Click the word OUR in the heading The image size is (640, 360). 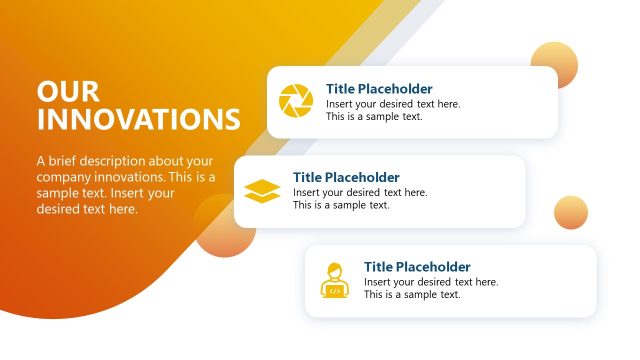[x=68, y=92]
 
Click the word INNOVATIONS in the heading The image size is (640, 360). [x=138, y=120]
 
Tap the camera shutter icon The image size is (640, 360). [x=296, y=101]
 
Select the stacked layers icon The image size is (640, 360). [x=262, y=190]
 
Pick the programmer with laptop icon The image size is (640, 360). [x=334, y=280]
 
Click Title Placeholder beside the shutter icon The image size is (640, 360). [x=379, y=88]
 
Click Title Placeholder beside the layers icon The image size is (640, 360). [x=346, y=177]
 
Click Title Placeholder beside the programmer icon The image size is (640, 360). [x=417, y=266]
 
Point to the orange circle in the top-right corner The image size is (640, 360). [x=554, y=65]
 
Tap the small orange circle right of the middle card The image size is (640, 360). [x=570, y=212]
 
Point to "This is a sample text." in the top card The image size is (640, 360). [x=374, y=116]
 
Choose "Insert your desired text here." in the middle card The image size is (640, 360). [x=360, y=192]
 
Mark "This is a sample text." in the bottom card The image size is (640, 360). [x=412, y=295]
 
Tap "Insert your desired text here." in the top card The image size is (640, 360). [x=393, y=103]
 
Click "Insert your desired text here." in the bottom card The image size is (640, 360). [x=431, y=282]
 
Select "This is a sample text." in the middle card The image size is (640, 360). [x=341, y=205]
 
